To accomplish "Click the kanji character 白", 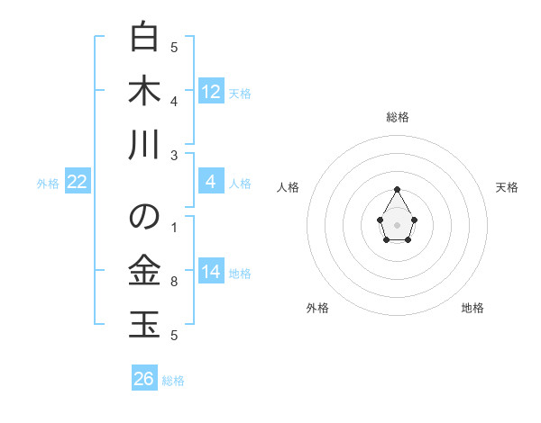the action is (x=144, y=39).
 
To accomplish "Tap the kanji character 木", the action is (x=144, y=91).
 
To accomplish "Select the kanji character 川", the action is (x=144, y=144).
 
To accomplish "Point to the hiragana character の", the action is (x=144, y=217).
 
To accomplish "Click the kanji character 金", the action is (x=144, y=270).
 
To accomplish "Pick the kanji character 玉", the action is (x=144, y=323).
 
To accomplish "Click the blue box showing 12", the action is (x=211, y=91).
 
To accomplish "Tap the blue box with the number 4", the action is (x=211, y=182).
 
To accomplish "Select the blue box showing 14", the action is (x=211, y=272).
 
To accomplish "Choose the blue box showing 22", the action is (x=78, y=182).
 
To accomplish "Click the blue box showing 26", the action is (x=144, y=379).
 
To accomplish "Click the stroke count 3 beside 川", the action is (x=174, y=156).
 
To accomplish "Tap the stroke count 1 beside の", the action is (x=174, y=227).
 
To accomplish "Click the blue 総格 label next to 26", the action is (x=173, y=381).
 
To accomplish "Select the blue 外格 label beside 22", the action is (x=48, y=184).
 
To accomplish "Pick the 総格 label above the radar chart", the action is (x=398, y=117).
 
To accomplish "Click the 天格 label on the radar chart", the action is (x=507, y=187).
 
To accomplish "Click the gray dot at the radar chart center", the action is (x=397, y=223).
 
